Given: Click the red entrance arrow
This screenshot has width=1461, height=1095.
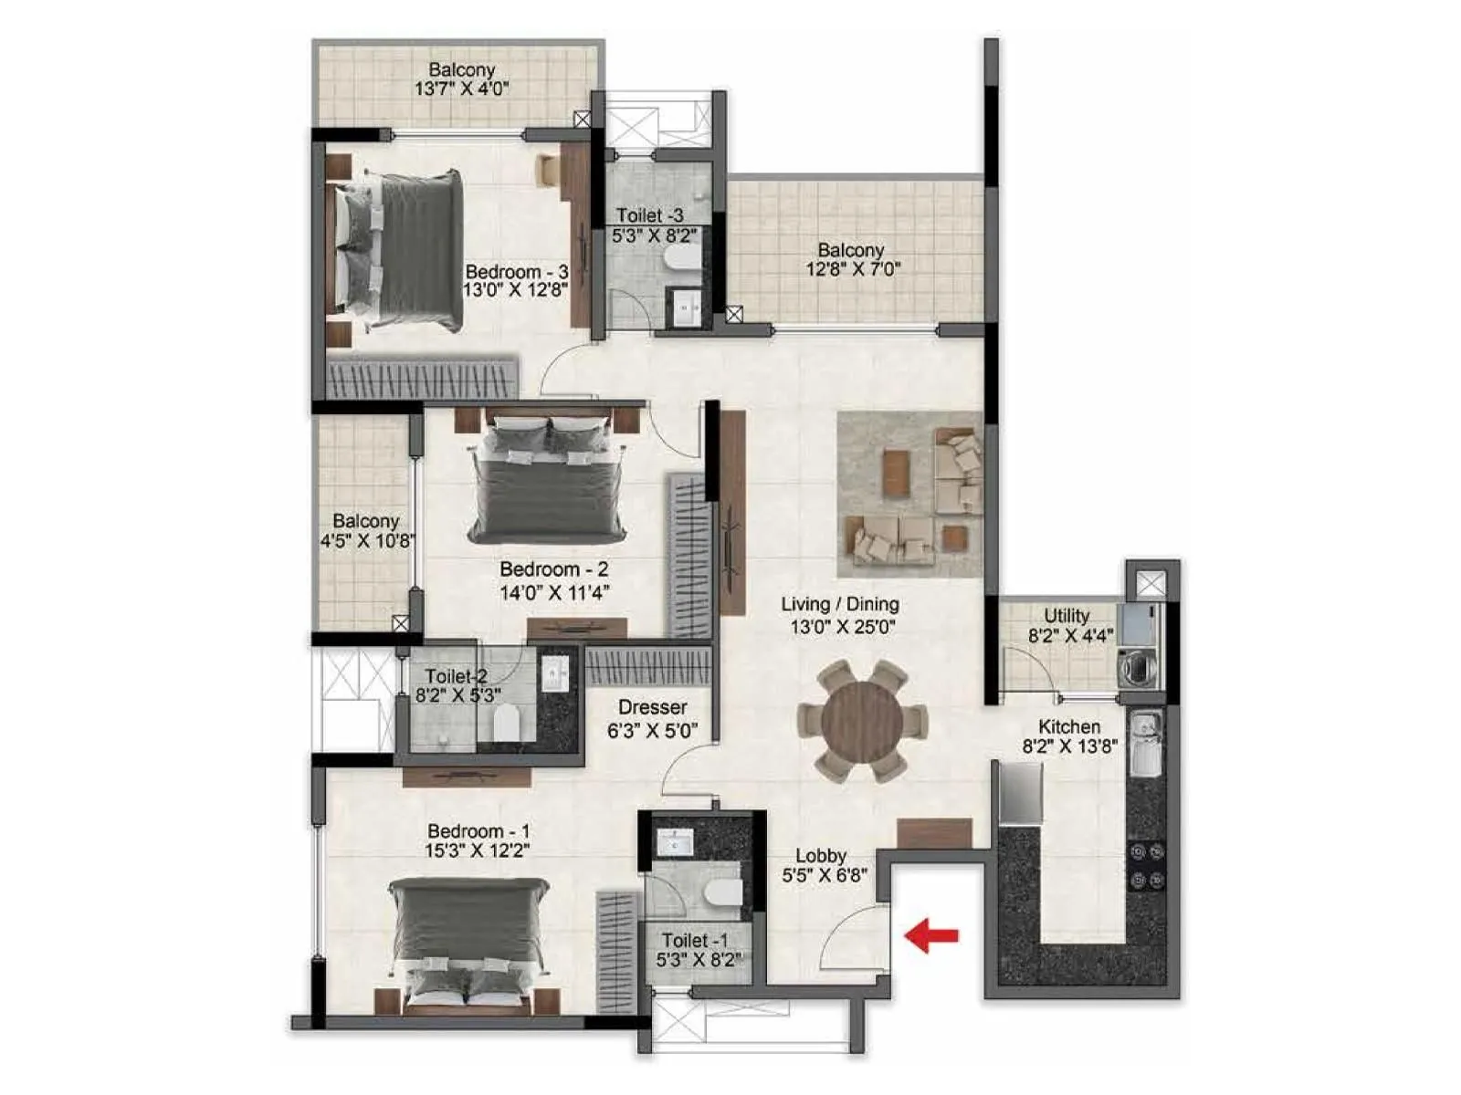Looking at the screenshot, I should pyautogui.click(x=931, y=935).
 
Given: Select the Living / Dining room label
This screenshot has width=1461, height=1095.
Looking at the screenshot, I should pyautogui.click(x=840, y=604).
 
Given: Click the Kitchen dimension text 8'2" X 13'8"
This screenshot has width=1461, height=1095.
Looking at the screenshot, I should pyautogui.click(x=1069, y=746).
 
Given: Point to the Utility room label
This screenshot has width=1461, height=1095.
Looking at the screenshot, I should pyautogui.click(x=1067, y=616).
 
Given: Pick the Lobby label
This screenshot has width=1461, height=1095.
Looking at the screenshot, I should pyautogui.click(x=821, y=856).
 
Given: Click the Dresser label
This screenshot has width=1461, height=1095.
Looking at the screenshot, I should pyautogui.click(x=652, y=707).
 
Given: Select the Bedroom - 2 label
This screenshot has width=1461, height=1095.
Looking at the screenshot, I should pyautogui.click(x=554, y=569).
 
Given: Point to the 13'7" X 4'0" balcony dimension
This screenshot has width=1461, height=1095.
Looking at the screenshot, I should pyautogui.click(x=461, y=89).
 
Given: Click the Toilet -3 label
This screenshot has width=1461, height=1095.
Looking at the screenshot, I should pyautogui.click(x=649, y=215).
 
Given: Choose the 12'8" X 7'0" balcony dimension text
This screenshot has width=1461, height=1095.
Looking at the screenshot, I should pyautogui.click(x=852, y=269).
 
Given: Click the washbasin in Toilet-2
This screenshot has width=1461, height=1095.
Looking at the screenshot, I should pyautogui.click(x=555, y=674).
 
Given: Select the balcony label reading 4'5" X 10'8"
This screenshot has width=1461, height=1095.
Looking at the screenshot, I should pyautogui.click(x=366, y=540).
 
